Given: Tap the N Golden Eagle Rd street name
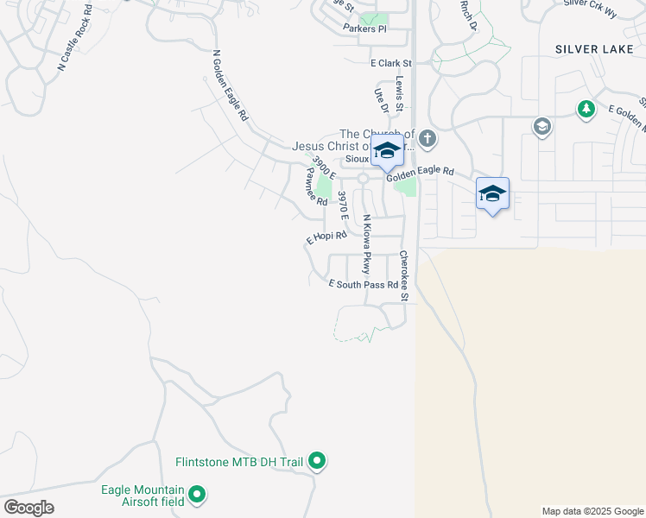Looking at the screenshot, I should click(229, 85).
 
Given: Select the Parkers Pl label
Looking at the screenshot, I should click(364, 28).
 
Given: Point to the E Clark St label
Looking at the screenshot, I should click(390, 63).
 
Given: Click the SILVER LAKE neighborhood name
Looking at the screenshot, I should click(594, 49).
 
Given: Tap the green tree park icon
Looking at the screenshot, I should click(586, 109).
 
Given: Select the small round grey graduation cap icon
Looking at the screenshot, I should click(542, 127).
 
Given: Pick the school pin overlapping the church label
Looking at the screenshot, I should click(388, 151).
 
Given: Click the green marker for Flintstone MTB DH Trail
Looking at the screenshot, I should click(317, 462).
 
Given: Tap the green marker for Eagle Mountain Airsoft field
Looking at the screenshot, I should click(197, 495).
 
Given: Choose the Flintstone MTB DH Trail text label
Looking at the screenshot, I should click(239, 462).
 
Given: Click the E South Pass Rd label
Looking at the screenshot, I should click(364, 284).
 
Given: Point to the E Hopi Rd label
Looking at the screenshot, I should click(326, 237).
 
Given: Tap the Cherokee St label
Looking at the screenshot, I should click(402, 275).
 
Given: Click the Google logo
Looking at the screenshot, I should click(28, 508).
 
